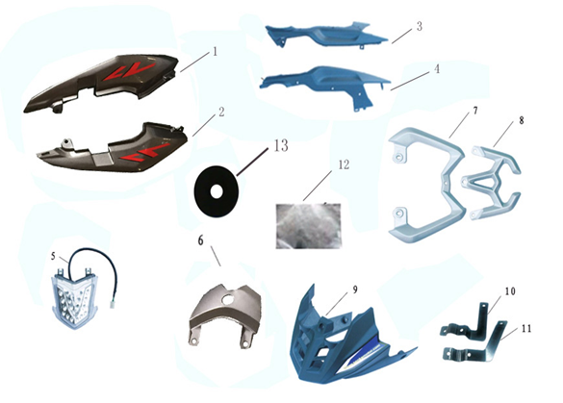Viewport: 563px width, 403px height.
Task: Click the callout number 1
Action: (215, 52)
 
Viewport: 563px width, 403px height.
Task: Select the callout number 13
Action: (281, 145)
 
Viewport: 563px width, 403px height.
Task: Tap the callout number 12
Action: (344, 164)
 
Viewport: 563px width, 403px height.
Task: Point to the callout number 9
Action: (355, 290)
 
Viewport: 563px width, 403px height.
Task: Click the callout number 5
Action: (53, 256)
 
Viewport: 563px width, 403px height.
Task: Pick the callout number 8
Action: (522, 120)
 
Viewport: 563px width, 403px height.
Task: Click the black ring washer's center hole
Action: (216, 192)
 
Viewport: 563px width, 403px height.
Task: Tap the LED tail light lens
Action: (75, 301)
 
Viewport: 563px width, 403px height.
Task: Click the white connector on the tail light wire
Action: (111, 304)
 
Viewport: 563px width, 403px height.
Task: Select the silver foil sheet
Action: (308, 226)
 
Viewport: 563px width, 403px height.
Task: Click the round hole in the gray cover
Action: (228, 298)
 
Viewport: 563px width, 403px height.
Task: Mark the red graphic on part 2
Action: (144, 152)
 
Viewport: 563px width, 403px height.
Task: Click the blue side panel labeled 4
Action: (325, 85)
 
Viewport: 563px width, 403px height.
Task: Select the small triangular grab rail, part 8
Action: (491, 183)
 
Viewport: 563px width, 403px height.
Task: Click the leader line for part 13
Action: (252, 162)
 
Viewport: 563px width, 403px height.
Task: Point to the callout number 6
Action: (200, 240)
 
